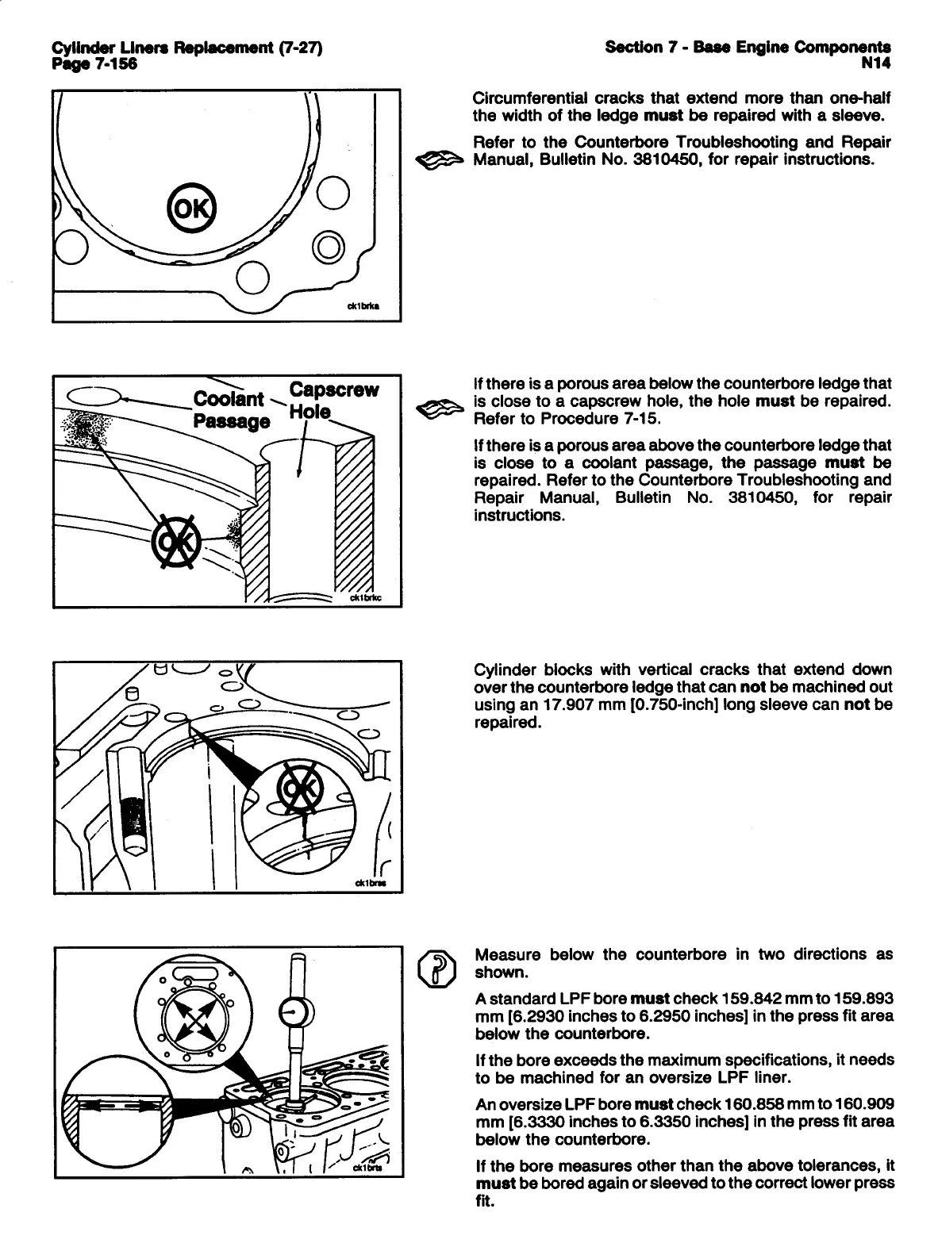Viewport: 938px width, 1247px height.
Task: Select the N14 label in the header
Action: (x=876, y=63)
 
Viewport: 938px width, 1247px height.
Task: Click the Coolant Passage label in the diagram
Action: (x=230, y=409)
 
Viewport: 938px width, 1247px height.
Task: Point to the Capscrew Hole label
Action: (x=333, y=401)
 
